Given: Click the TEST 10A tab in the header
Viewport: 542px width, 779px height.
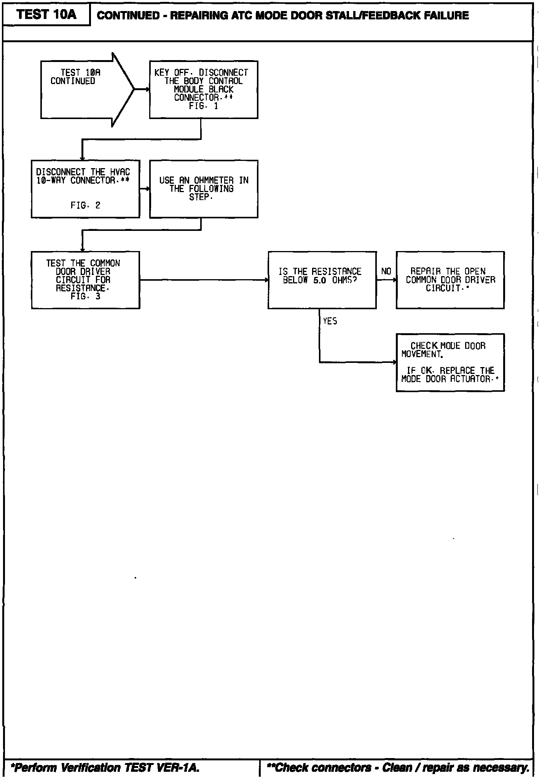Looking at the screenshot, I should point(46,15).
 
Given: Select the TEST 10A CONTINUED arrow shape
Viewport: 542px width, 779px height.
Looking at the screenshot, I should point(84,89).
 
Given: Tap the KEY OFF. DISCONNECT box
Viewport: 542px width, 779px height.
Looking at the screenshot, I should point(203,89).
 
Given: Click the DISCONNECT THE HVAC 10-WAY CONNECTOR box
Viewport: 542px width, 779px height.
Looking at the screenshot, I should point(85,189).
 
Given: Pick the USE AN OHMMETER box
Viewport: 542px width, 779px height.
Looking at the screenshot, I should point(203,189).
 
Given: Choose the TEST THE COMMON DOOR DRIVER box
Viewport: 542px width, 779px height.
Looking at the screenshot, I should point(85,280).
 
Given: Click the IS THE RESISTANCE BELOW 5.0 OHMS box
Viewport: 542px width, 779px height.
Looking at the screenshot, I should point(322,280).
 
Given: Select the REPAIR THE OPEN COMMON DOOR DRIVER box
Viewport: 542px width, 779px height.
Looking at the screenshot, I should point(450,280).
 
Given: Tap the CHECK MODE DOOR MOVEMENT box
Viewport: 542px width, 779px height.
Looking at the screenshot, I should point(450,362).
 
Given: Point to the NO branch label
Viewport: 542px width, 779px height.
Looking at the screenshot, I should point(386,271).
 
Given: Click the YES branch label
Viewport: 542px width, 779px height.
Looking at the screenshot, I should point(330,321).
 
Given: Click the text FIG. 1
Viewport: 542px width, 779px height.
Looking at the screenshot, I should point(203,107).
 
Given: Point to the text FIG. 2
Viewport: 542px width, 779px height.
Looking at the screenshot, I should point(85,205).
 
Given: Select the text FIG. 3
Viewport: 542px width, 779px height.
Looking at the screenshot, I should point(85,296).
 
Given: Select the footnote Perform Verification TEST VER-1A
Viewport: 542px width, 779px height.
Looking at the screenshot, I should point(105,768).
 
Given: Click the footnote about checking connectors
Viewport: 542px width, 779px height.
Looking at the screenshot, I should point(398,768).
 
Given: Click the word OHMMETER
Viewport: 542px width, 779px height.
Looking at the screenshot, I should point(214,180).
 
